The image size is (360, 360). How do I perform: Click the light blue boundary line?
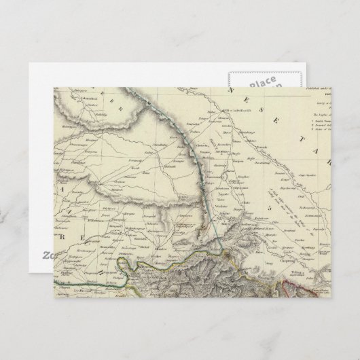point(206,204)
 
